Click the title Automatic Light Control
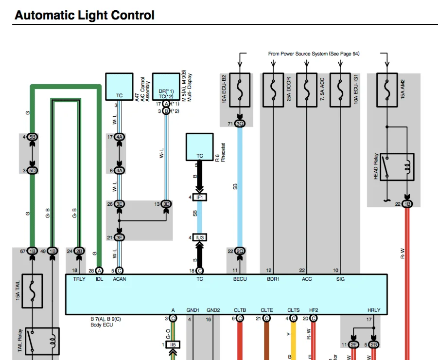point(85,15)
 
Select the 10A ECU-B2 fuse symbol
point(239,90)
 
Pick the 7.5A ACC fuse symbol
point(307,90)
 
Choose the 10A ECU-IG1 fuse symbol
point(340,90)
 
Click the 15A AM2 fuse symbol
point(386,90)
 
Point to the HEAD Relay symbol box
point(397,167)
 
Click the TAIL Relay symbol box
point(42,341)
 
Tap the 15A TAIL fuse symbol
point(32,291)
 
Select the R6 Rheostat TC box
point(199,146)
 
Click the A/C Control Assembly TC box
point(119,87)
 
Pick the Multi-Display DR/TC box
point(166,87)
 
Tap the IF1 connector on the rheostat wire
point(199,197)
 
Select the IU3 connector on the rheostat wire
point(199,237)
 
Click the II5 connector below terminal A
point(172,344)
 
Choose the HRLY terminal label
point(374,310)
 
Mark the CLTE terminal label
point(267,310)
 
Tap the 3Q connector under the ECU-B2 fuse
point(239,124)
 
